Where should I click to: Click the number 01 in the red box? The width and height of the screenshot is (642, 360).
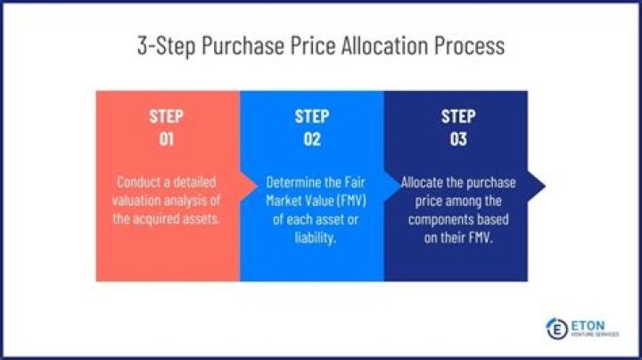click(167, 140)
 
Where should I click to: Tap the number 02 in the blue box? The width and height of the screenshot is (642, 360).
click(312, 140)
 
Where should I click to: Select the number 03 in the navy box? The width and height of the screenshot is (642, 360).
click(458, 140)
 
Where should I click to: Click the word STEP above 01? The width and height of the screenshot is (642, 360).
click(167, 117)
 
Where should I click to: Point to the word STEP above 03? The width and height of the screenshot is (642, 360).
click(458, 117)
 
